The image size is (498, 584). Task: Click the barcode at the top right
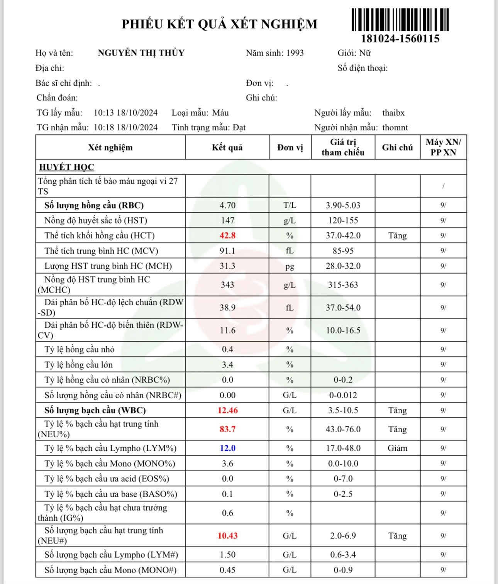(x=400, y=20)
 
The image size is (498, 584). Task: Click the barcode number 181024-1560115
(x=400, y=39)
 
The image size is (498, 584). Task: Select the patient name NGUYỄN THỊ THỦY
(x=141, y=53)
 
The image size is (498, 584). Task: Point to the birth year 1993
(x=295, y=53)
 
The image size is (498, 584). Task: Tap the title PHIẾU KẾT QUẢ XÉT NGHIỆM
(x=219, y=24)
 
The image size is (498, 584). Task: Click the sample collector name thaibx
(x=393, y=113)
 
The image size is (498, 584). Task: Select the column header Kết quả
(x=227, y=147)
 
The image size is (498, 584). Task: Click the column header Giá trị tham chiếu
(x=343, y=147)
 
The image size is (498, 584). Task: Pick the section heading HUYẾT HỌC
(x=66, y=167)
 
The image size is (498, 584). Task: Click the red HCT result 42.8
(x=227, y=235)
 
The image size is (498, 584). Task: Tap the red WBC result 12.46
(x=227, y=410)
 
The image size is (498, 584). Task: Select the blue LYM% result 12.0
(x=227, y=448)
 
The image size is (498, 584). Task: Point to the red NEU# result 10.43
(x=227, y=536)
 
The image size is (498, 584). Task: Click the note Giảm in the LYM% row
(x=397, y=448)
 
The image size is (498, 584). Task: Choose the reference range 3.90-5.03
(x=343, y=205)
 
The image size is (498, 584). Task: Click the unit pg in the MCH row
(x=290, y=266)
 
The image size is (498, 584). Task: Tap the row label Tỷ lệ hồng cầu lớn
(x=78, y=365)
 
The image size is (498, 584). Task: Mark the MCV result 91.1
(x=227, y=251)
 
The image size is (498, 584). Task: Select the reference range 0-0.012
(x=343, y=395)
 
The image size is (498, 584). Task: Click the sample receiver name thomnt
(x=395, y=127)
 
